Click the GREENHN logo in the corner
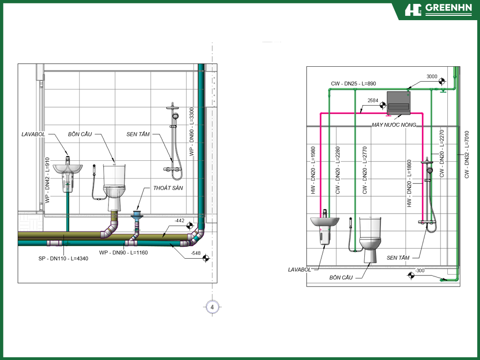[x=438, y=10]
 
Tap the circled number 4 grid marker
[x=212, y=307]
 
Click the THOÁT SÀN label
[x=168, y=188]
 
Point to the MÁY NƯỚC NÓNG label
[x=394, y=125]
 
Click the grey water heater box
[x=398, y=103]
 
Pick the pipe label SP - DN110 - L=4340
[x=63, y=259]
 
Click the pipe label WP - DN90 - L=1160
[x=123, y=252]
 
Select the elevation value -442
[x=180, y=220]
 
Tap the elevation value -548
[x=196, y=253]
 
